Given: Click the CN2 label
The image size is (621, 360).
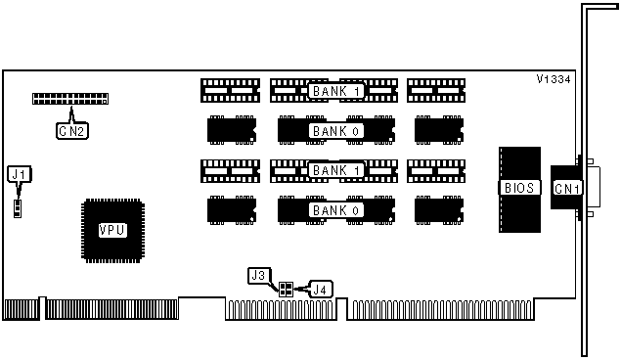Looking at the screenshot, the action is click(x=72, y=131).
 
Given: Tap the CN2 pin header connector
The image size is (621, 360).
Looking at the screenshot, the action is click(x=70, y=99).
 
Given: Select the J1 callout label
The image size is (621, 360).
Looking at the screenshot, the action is click(x=19, y=174).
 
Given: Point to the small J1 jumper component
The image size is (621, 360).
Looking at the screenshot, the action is click(x=18, y=208).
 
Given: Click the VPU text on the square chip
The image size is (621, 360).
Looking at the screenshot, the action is click(x=112, y=230).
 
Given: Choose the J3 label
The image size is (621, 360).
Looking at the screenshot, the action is click(x=259, y=275).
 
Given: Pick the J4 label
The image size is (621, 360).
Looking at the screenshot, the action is click(x=321, y=290).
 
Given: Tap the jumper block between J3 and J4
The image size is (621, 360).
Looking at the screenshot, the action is click(x=286, y=290).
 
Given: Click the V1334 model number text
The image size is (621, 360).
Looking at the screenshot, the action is click(x=554, y=79).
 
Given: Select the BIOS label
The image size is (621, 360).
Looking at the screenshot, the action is click(x=519, y=188).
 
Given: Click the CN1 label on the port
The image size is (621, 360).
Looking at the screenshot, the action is click(x=567, y=189).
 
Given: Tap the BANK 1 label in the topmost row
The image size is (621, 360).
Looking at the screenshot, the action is click(x=335, y=91).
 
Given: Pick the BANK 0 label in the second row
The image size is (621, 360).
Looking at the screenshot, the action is click(x=335, y=131).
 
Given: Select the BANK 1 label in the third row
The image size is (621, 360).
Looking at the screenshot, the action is click(x=335, y=170).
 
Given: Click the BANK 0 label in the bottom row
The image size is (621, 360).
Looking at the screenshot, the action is click(x=335, y=210).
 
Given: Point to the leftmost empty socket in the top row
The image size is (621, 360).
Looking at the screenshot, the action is click(x=230, y=91).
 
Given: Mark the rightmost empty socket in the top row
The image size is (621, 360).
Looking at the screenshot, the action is click(x=436, y=91).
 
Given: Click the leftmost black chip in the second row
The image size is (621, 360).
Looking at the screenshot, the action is click(x=232, y=130).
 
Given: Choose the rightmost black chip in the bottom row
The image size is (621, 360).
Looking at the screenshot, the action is click(x=439, y=210).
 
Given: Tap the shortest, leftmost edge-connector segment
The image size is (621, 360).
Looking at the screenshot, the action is click(x=22, y=310).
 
